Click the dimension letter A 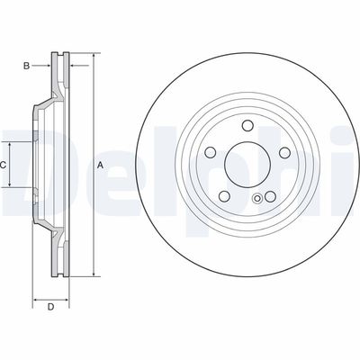pos(100,164)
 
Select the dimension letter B pos(26,65)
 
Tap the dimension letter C pos(4,165)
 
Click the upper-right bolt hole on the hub pos(275,154)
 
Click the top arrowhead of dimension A pos(92,56)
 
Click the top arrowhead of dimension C pos(11,143)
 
